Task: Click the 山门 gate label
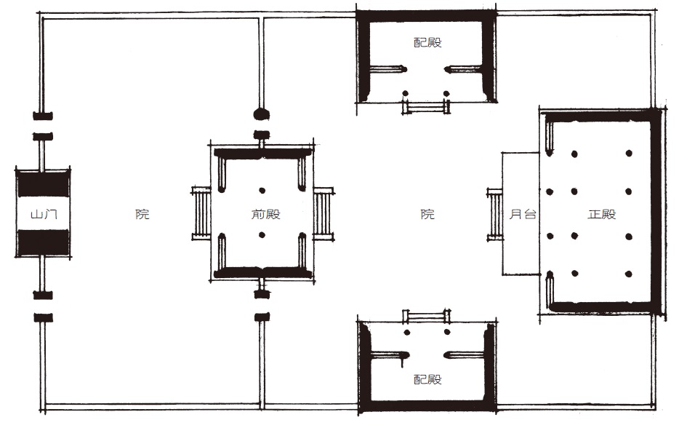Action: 44,214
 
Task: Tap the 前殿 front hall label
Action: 266,214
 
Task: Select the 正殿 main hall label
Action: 602,214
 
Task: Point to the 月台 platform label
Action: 523,214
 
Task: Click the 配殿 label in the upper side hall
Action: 427,42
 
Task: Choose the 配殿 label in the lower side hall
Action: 427,379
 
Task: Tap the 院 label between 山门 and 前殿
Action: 142,214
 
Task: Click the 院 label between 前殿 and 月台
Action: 427,214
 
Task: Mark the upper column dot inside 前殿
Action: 262,191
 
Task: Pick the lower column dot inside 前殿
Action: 262,235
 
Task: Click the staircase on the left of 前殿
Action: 201,214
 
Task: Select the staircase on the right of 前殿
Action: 323,214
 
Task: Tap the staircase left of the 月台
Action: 494,215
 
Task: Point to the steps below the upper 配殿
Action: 426,107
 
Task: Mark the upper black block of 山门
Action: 44,184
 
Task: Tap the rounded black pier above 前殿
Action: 262,114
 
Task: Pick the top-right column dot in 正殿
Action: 629,153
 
